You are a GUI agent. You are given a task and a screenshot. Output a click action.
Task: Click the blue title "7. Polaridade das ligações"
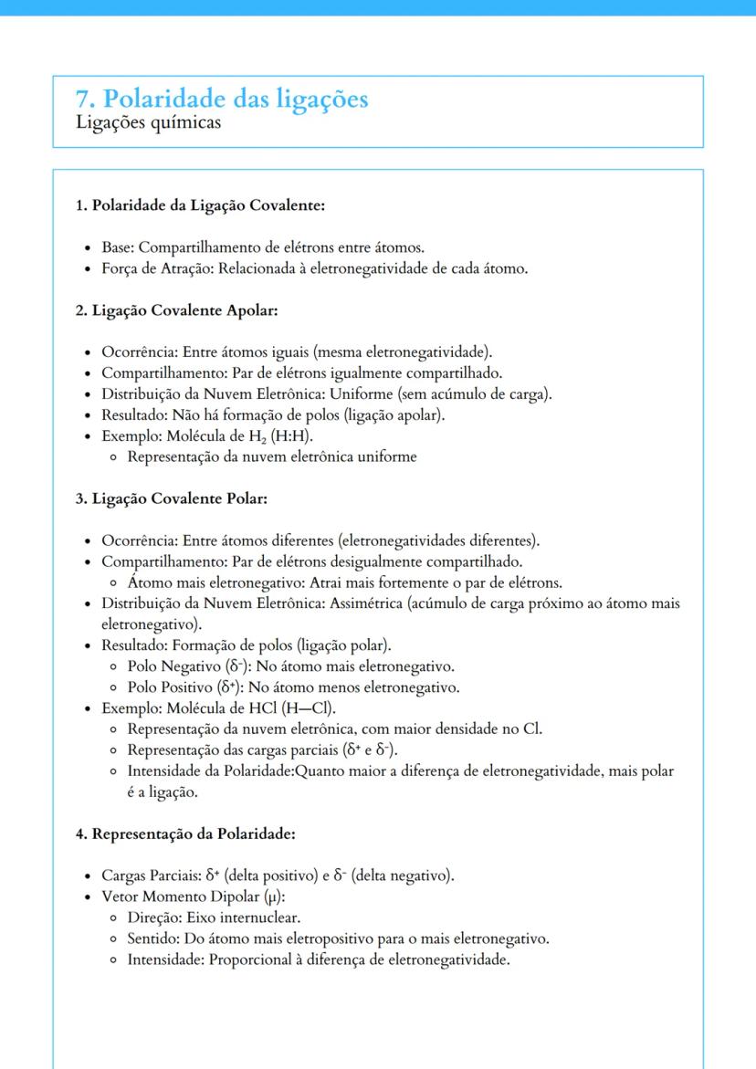click(223, 98)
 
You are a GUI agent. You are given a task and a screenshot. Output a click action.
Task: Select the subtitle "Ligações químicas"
click(149, 122)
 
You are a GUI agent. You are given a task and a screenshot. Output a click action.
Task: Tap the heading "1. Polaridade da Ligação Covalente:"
click(200, 205)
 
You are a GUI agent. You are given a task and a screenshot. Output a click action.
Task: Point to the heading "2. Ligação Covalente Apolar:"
click(176, 310)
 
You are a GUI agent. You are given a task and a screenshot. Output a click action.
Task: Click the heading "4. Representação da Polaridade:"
click(185, 834)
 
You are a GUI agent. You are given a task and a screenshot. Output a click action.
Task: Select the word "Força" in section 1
click(121, 268)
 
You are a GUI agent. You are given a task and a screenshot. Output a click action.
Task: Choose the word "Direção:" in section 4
click(154, 917)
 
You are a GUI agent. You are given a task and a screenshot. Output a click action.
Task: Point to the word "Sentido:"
click(153, 938)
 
